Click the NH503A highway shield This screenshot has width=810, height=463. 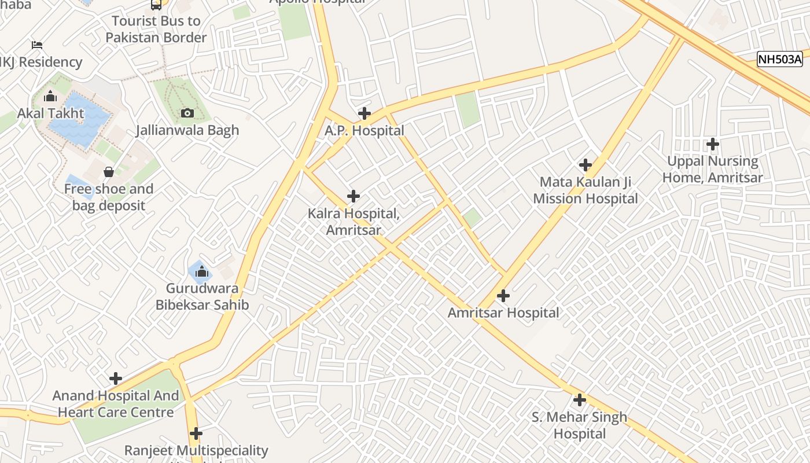point(780,59)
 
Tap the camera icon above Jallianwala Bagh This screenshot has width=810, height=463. point(187,113)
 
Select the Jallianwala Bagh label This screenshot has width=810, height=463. point(187,130)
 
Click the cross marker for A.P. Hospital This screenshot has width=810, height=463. point(364,113)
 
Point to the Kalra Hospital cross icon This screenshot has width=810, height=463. point(354,196)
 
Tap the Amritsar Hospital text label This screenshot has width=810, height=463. point(503,313)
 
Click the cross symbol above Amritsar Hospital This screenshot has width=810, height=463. point(503,296)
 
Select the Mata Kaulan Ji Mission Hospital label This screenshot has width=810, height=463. point(585,190)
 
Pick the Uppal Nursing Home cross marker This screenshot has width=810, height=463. point(713,144)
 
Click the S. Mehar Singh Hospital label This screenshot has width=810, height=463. point(579,425)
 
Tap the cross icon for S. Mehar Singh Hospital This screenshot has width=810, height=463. point(579,400)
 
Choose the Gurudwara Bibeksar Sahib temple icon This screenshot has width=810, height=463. point(201,271)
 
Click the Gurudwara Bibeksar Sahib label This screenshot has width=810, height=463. point(202,296)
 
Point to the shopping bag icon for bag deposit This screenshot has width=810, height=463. point(108,172)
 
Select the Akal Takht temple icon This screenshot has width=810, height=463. point(50,96)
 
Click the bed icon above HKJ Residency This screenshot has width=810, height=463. point(37,45)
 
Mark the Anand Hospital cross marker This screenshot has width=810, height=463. point(116,379)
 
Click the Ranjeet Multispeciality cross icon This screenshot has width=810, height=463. point(196,433)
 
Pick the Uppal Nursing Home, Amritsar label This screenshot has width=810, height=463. point(712,169)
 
